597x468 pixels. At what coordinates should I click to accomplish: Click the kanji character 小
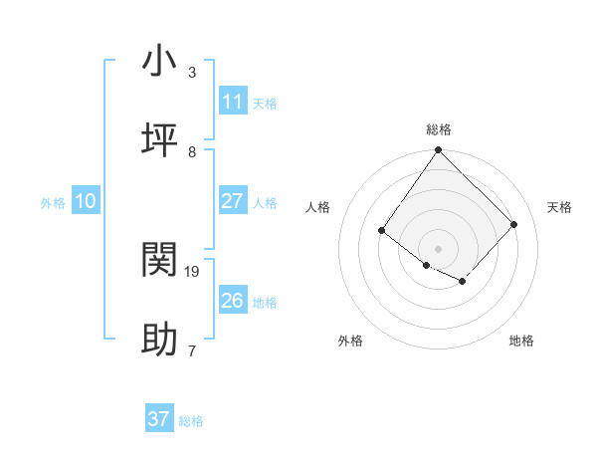click(160, 61)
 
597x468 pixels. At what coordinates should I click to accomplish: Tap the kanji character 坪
click(160, 140)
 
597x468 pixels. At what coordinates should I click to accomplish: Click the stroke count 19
click(192, 271)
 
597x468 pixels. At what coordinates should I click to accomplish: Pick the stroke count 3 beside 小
click(192, 72)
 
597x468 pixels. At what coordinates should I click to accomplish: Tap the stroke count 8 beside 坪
click(192, 151)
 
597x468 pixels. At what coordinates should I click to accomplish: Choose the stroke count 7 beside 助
click(192, 351)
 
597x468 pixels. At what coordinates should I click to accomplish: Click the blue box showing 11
click(232, 102)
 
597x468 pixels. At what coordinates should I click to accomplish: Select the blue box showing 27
click(232, 201)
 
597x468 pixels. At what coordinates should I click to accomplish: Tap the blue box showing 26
click(232, 301)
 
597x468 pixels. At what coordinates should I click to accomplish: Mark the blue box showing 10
click(85, 201)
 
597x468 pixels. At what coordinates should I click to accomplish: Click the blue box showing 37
click(158, 419)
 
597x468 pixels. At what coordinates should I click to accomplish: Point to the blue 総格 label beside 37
click(191, 421)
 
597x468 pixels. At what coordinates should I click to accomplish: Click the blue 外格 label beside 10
click(53, 203)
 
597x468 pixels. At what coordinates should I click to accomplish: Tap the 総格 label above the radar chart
click(438, 129)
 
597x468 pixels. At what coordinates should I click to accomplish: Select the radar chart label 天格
click(560, 207)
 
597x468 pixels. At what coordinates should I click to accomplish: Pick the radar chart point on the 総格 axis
click(438, 151)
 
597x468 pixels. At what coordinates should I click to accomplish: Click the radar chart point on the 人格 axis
click(382, 231)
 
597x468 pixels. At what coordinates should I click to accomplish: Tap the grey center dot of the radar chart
click(438, 248)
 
